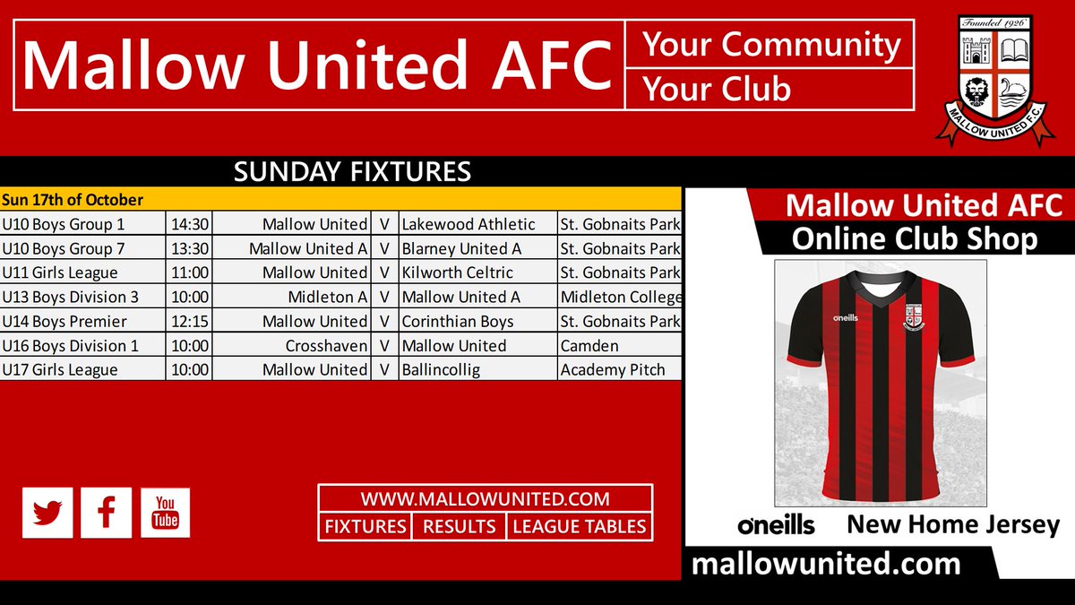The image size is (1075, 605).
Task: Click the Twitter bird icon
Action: pyautogui.click(x=47, y=513)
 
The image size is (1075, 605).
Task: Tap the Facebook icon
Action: pyautogui.click(x=107, y=513)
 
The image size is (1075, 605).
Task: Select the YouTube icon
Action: pyautogui.click(x=165, y=513)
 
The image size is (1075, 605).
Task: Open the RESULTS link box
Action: pyautogui.click(x=459, y=527)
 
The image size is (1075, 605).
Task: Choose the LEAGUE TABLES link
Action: pyautogui.click(x=579, y=527)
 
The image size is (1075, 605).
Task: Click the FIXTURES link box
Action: pyautogui.click(x=365, y=527)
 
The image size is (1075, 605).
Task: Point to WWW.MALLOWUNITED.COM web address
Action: pyautogui.click(x=485, y=499)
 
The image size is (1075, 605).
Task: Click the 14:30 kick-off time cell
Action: pyautogui.click(x=189, y=224)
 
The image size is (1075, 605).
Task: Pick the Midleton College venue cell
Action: pyautogui.click(x=620, y=297)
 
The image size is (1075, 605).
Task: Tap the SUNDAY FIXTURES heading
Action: pyautogui.click(x=352, y=171)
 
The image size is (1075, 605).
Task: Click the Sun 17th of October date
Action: pyautogui.click(x=73, y=199)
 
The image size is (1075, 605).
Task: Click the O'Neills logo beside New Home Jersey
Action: pyautogui.click(x=776, y=525)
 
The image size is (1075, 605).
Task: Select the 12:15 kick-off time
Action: pyautogui.click(x=189, y=321)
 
